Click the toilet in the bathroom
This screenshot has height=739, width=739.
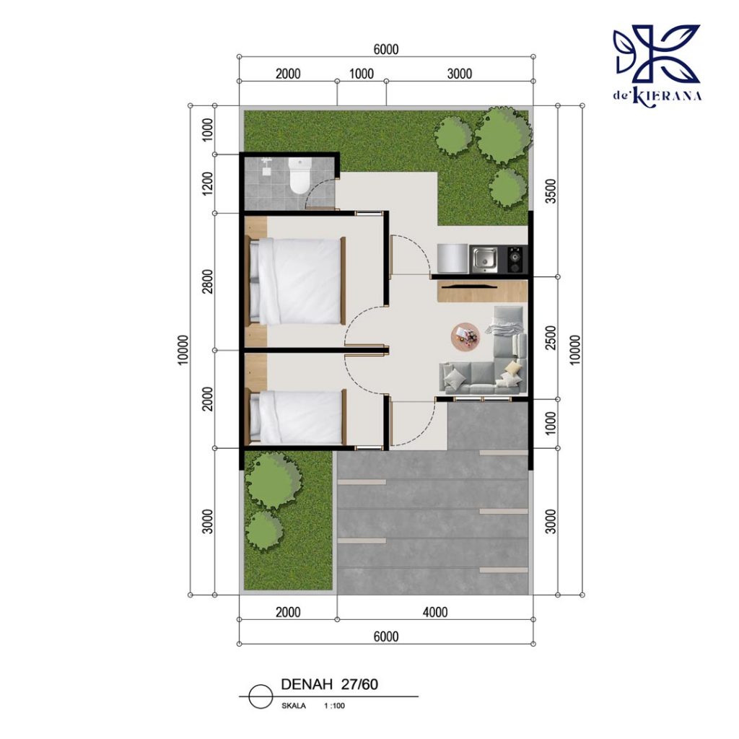pos(300,175)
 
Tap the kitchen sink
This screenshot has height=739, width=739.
pos(484,259)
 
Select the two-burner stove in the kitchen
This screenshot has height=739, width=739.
pos(515,259)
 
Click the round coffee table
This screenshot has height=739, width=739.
pos(465,337)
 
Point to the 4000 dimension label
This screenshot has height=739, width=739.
pos(435,612)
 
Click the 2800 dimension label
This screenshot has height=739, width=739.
pos(207,281)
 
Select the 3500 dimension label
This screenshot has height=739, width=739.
pos(551,191)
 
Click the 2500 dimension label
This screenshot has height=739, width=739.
pos(551,338)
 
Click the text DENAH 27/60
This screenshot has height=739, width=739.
pos(329,684)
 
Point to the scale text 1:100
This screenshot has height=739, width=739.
pos(334,706)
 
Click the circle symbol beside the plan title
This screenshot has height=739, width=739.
pos(261,696)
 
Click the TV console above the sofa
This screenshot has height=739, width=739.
pos(482,291)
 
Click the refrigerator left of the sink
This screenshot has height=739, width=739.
pos(452,259)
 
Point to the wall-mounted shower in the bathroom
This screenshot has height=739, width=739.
pos(267,165)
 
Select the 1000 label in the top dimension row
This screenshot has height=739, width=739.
pos(362,74)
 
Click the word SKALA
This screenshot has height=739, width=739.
pos(294,706)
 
